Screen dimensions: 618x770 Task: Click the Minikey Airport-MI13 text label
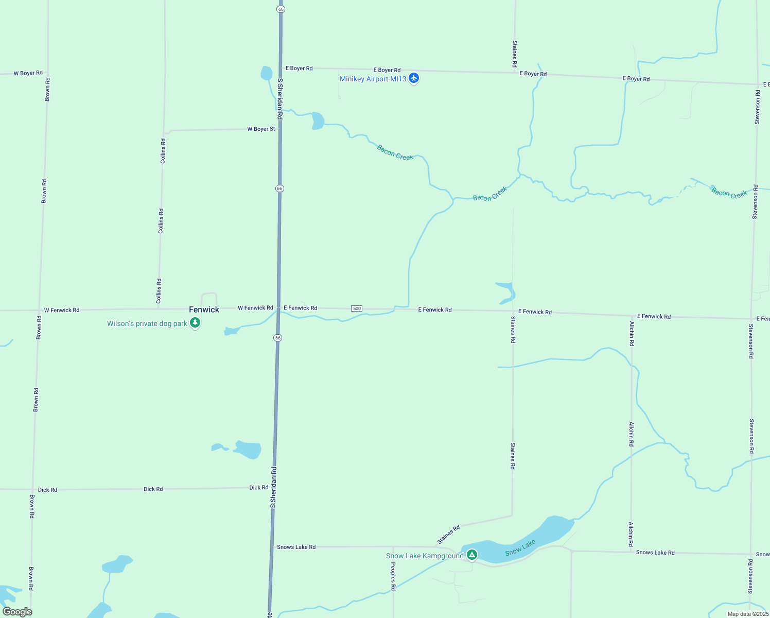point(373,79)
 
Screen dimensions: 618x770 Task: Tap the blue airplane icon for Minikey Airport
point(414,78)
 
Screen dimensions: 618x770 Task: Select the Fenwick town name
point(204,310)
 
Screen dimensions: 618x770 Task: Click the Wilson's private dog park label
point(147,323)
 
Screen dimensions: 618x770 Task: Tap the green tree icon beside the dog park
point(195,322)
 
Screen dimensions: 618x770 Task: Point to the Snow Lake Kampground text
point(425,556)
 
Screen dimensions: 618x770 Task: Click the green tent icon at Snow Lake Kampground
point(472,555)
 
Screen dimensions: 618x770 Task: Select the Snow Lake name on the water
point(520,548)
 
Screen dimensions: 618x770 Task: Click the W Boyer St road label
point(261,129)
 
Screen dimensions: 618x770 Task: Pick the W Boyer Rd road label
point(28,73)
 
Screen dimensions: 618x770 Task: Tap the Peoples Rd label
point(393,576)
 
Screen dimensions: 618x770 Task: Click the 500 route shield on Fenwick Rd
point(357,308)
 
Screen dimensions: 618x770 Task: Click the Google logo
point(17,612)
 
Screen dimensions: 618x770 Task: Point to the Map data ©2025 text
point(748,614)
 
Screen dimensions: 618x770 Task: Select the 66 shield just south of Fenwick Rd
point(278,338)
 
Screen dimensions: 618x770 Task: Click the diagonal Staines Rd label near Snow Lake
point(448,535)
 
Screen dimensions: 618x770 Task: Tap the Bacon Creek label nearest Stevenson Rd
point(729,193)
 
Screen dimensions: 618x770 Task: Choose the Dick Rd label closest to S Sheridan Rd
point(258,487)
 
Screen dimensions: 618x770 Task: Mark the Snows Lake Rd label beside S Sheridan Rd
point(296,547)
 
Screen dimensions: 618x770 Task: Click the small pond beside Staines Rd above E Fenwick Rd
point(506,293)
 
